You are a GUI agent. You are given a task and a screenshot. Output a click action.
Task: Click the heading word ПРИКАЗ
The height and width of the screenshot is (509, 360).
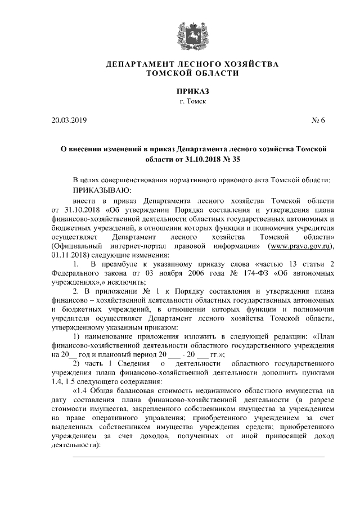(x=192, y=91)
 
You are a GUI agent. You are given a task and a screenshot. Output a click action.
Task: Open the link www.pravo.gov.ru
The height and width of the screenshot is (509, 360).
(x=301, y=246)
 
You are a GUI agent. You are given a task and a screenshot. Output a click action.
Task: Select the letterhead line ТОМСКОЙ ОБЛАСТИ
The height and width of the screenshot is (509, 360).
(x=192, y=74)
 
